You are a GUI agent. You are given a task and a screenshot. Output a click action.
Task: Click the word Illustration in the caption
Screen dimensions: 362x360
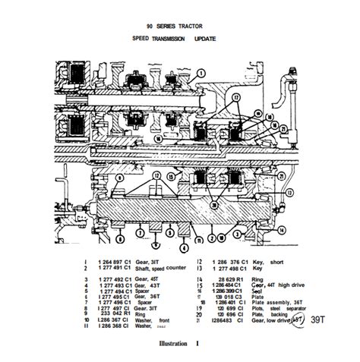[176, 344]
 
